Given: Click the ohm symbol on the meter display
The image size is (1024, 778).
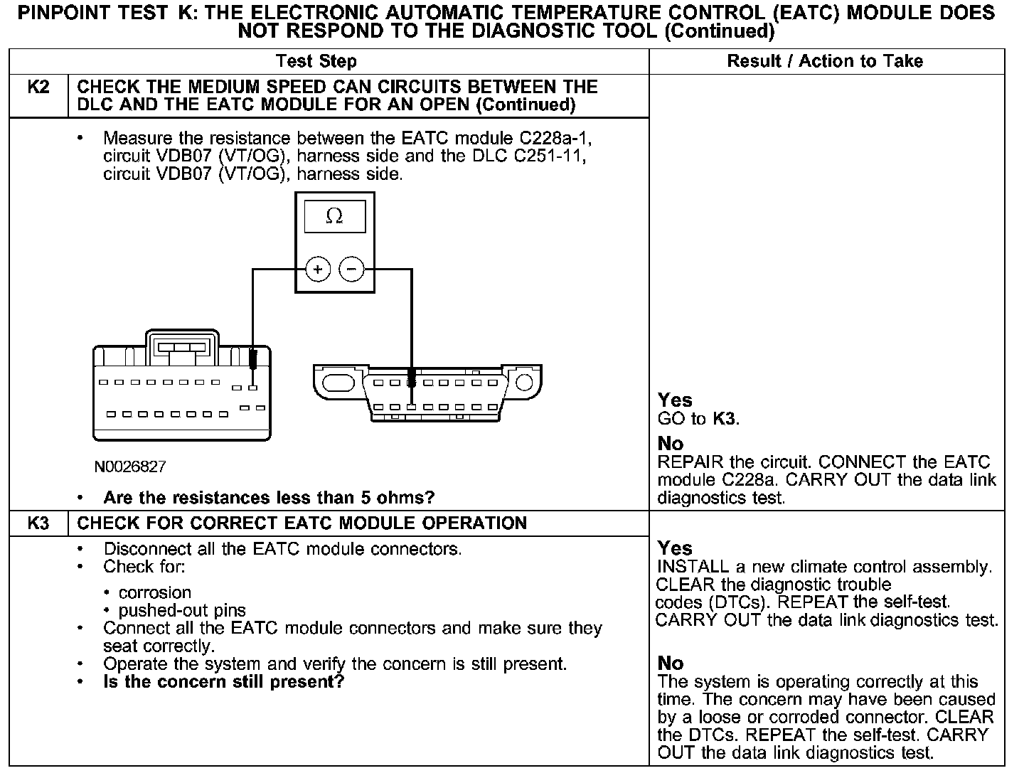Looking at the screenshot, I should point(334,216).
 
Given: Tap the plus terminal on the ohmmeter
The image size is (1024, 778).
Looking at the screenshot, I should point(317,270).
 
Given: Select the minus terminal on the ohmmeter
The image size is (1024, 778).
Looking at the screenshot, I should point(351,270).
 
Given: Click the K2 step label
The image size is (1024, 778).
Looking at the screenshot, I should point(38,87).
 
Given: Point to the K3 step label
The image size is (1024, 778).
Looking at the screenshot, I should point(38,523).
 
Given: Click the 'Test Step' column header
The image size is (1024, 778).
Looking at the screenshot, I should point(316,62).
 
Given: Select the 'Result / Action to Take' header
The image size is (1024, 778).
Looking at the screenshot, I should point(825,62).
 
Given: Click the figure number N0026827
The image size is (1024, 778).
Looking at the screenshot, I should point(130,467).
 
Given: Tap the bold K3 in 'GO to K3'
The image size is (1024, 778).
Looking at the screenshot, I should point(725,418).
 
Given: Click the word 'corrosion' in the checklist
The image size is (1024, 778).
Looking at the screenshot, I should point(155,592).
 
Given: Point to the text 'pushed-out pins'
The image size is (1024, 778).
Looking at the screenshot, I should point(182,610).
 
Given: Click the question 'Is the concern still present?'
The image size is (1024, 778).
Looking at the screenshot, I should point(223,682).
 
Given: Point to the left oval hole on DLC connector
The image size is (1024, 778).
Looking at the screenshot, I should point(335,383).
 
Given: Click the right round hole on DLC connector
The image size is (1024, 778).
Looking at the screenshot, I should point(524,383).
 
